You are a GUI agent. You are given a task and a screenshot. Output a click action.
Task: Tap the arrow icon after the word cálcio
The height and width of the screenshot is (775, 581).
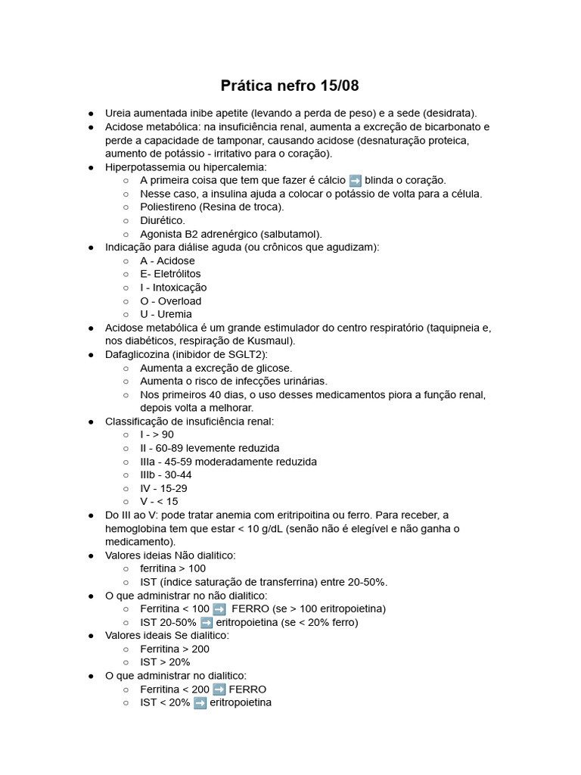tap(355, 180)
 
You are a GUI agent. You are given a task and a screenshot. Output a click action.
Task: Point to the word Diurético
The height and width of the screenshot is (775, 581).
tap(162, 220)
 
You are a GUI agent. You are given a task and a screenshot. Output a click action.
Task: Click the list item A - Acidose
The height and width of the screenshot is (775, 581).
tap(167, 260)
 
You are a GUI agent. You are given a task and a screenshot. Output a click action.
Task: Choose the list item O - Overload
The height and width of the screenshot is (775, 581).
tap(170, 300)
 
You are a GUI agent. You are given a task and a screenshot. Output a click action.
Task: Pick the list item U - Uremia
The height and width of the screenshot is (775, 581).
tap(166, 314)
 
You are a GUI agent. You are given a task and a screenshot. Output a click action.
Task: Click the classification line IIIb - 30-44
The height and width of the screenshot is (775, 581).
tap(166, 475)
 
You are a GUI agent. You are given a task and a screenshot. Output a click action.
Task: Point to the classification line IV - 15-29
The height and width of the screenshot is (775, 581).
tap(163, 488)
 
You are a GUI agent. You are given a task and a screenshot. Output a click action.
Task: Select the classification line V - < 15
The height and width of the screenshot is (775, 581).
tap(159, 501)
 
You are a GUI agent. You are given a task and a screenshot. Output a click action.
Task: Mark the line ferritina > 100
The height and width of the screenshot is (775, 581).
tap(172, 568)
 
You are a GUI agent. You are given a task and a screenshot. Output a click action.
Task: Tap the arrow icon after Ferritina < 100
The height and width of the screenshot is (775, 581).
tap(219, 608)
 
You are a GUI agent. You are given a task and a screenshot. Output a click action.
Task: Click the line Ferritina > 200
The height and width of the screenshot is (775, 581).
tap(175, 649)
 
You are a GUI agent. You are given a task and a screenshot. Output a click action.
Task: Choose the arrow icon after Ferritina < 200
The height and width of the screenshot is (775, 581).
tap(219, 689)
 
